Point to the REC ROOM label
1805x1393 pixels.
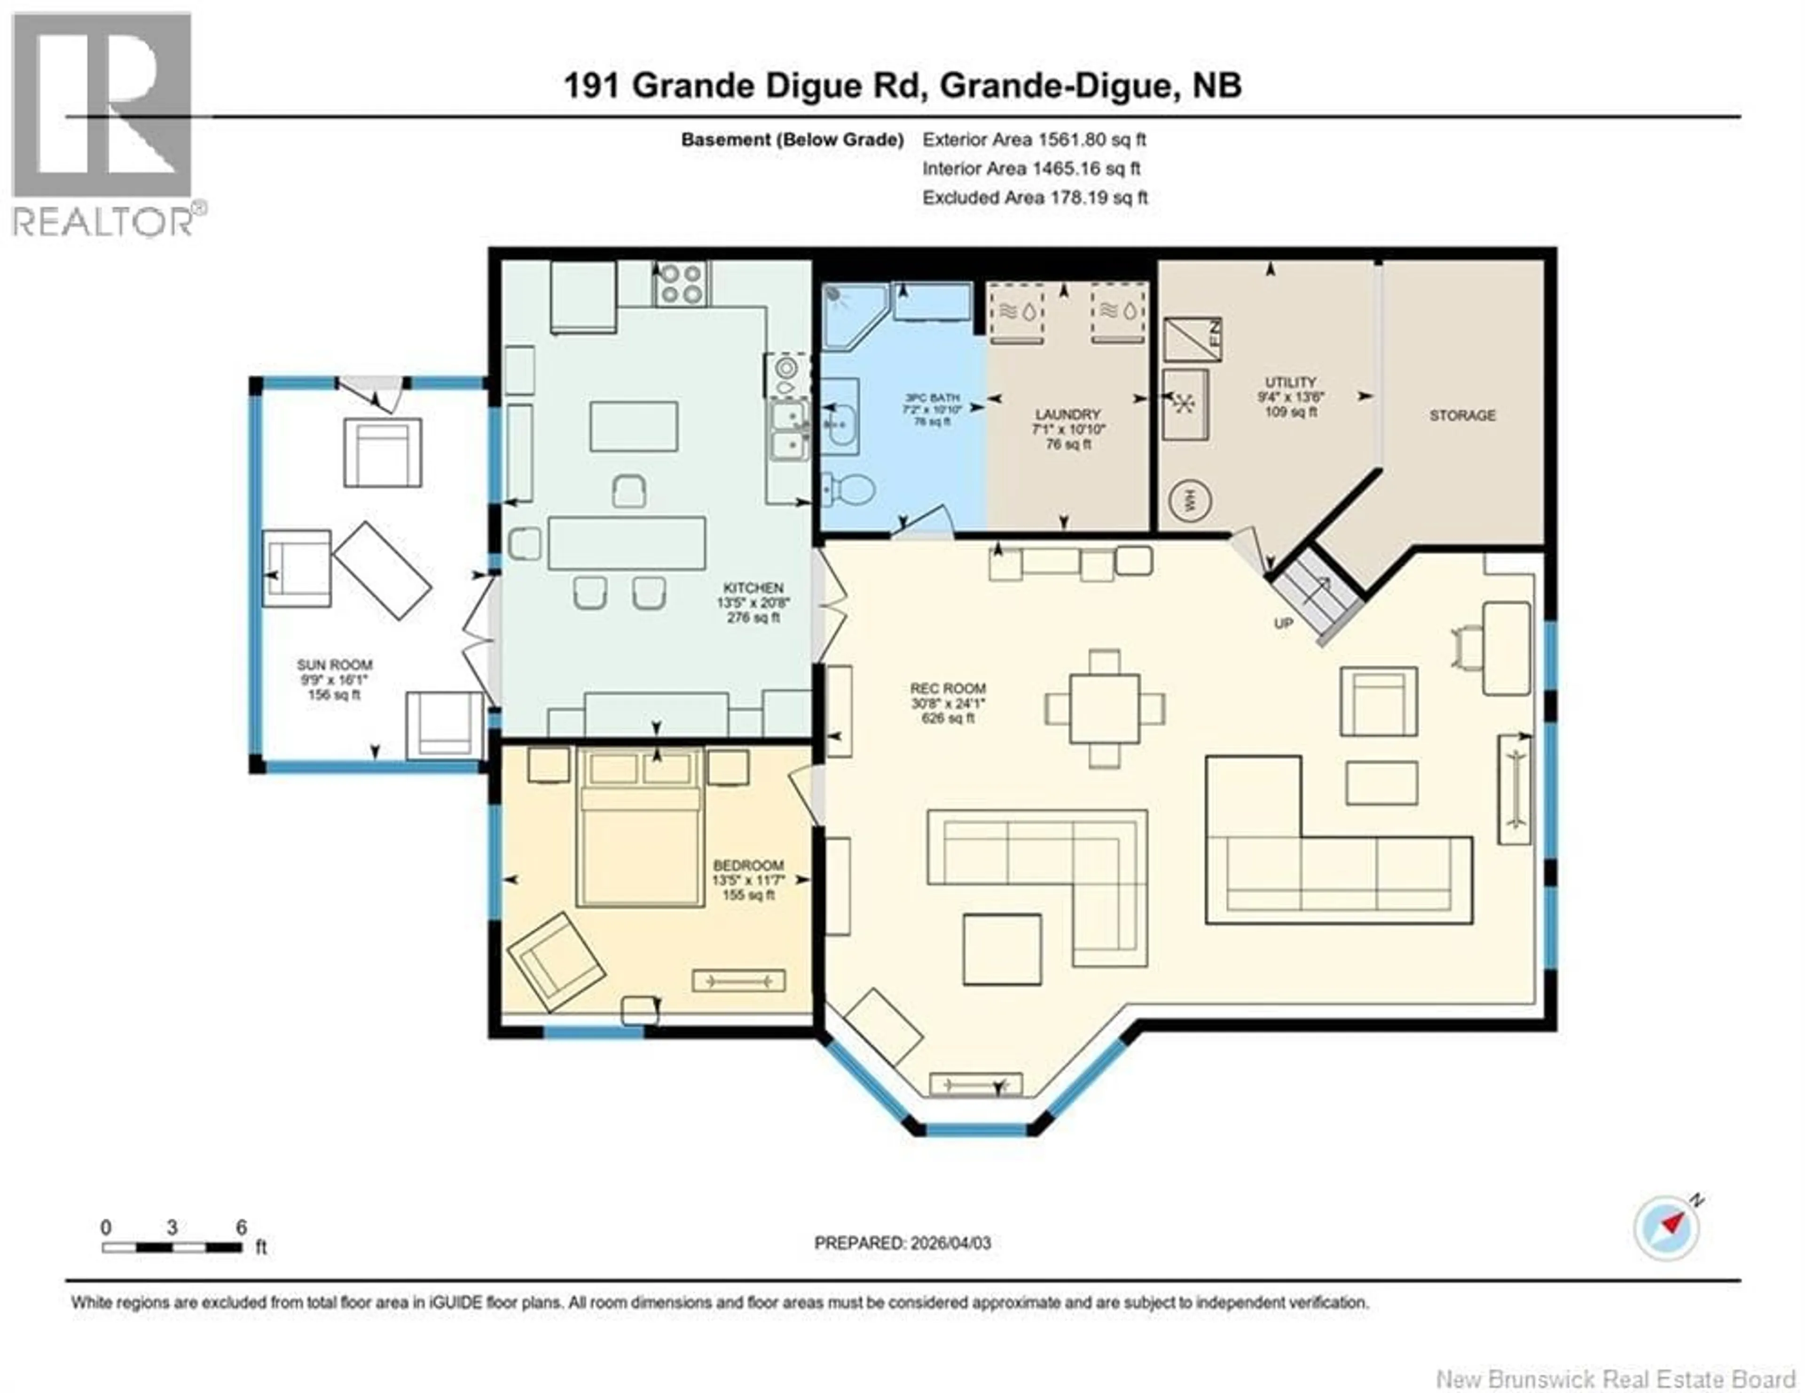(x=948, y=688)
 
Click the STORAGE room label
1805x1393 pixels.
(x=1462, y=415)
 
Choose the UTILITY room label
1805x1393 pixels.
(x=1290, y=383)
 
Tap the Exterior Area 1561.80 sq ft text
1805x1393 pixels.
(x=1034, y=140)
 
